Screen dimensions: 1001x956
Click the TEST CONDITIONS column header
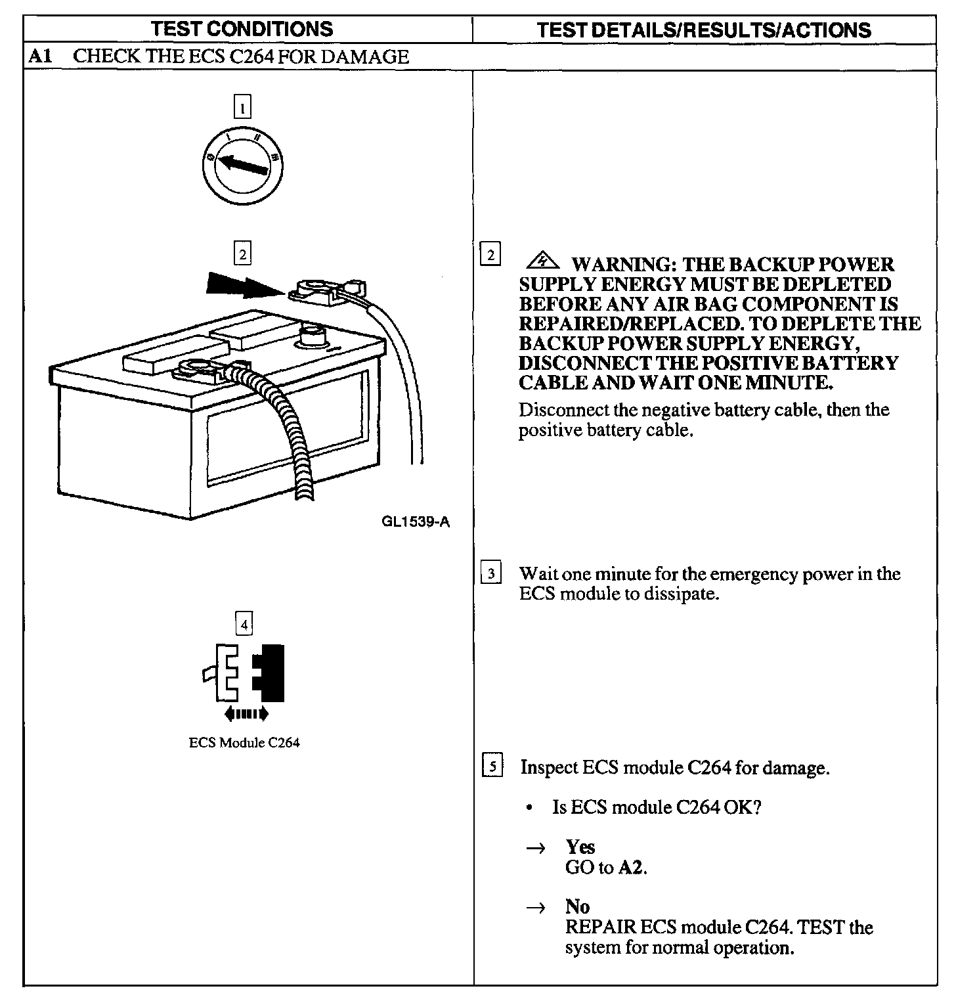[x=241, y=30]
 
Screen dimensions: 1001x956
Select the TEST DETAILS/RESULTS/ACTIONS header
[x=704, y=30]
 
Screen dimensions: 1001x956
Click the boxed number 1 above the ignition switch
[x=242, y=106]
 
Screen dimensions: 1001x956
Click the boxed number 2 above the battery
[x=242, y=254]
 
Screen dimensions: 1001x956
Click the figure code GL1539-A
[x=415, y=522]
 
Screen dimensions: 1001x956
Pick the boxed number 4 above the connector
[x=244, y=624]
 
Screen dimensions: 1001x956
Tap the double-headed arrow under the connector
[x=246, y=713]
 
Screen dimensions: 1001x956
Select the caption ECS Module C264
[x=244, y=743]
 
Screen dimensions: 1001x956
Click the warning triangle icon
[x=542, y=262]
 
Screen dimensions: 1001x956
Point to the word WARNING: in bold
[x=623, y=265]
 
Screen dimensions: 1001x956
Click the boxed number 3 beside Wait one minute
[x=491, y=573]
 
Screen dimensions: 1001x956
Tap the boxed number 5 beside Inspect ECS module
[x=492, y=767]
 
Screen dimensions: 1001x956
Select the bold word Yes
[x=580, y=847]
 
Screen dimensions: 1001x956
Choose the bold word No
[x=577, y=906]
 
